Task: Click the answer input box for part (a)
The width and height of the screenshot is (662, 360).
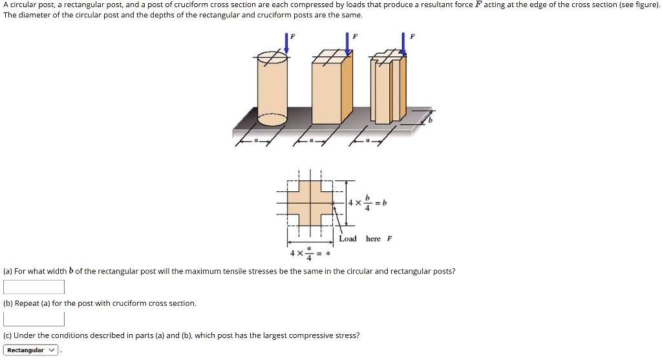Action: click(x=34, y=287)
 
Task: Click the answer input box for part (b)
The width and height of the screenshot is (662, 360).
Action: click(x=34, y=319)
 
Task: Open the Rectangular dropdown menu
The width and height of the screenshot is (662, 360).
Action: click(x=31, y=350)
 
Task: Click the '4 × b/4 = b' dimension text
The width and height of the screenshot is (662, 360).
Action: click(x=367, y=202)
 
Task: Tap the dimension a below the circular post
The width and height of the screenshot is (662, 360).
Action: click(x=255, y=140)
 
